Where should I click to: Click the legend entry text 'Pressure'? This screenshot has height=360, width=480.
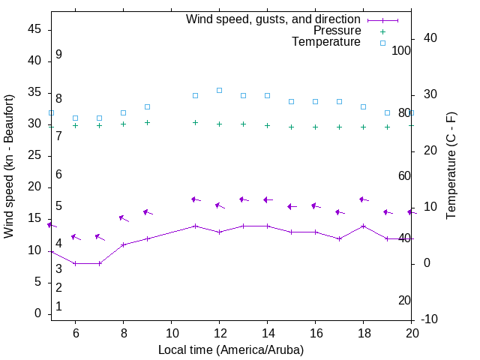(337, 31)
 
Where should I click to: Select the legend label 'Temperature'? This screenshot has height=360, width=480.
(326, 42)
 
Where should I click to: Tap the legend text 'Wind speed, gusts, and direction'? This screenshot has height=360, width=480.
(274, 19)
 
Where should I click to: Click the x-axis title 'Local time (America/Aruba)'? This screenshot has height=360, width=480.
(231, 349)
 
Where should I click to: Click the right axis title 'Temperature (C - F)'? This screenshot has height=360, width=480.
(451, 166)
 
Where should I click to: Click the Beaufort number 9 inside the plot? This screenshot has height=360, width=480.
(58, 55)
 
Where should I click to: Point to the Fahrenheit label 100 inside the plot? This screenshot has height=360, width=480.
(402, 50)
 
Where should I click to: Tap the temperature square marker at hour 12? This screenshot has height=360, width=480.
(219, 90)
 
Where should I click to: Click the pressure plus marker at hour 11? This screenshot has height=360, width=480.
(195, 122)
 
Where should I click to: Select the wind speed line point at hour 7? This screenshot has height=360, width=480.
(99, 263)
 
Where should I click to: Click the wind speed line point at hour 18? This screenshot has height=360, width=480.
(363, 226)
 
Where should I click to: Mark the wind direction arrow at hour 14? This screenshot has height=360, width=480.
(268, 199)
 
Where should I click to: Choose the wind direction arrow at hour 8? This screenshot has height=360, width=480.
(124, 218)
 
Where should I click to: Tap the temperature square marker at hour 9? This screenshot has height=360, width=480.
(147, 106)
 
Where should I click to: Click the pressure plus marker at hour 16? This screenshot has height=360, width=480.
(315, 127)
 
